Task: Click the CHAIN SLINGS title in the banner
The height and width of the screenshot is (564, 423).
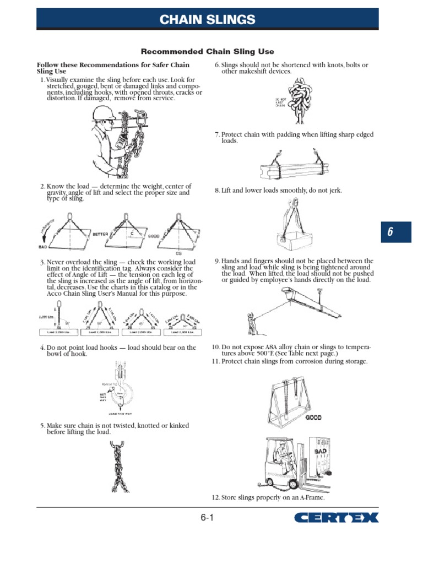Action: pos(207,20)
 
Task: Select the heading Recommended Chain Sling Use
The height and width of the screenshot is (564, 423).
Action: pos(207,52)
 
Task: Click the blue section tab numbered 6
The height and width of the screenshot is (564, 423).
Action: pos(390,232)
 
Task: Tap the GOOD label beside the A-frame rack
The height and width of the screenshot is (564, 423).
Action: pos(314,417)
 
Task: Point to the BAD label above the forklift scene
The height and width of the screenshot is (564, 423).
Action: pos(321,451)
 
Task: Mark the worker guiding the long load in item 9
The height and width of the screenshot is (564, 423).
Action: pos(251,323)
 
